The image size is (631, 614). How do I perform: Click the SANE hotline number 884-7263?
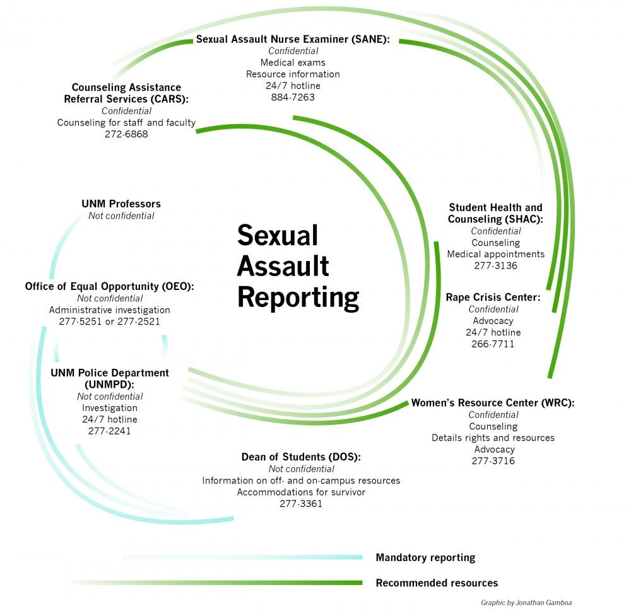coord(292,97)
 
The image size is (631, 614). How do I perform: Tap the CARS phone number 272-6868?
coord(126,134)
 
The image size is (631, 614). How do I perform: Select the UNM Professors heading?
coord(121,204)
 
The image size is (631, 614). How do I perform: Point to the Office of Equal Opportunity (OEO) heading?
coord(109,286)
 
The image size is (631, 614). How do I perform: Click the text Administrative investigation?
coord(109,310)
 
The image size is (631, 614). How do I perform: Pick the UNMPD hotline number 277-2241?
coord(110,431)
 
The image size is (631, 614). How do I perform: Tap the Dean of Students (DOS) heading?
coord(301,456)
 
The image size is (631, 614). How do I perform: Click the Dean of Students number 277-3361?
coord(301,504)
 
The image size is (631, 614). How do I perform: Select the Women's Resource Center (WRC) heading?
coord(493,403)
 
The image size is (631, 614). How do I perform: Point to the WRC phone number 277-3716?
coord(493,461)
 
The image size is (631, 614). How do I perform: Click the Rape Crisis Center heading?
coord(493,297)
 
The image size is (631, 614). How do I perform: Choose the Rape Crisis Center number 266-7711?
coord(493,344)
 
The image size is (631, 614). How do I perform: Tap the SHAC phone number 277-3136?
coord(495,266)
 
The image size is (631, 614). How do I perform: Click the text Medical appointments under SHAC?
coord(495,254)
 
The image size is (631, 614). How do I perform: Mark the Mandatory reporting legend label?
coord(425,557)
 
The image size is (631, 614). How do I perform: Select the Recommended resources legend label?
coord(437,583)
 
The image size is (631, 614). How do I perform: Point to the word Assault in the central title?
coord(283,266)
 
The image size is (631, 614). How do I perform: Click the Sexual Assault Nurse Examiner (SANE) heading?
coord(293,39)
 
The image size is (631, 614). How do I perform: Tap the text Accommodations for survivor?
coord(301,492)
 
